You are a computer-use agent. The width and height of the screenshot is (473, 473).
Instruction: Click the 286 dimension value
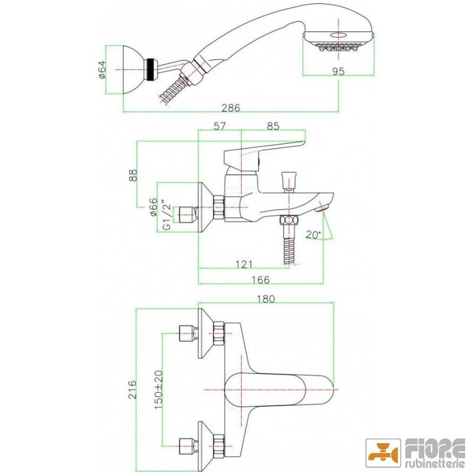tap(231, 107)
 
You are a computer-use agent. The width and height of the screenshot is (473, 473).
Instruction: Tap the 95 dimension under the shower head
tap(338, 71)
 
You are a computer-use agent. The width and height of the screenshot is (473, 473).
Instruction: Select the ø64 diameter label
tap(102, 70)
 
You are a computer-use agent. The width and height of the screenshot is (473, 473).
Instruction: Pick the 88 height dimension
tap(133, 175)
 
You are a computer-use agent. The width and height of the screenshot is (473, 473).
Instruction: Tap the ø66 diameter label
tap(154, 207)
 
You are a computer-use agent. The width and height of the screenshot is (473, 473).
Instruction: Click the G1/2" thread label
tap(166, 214)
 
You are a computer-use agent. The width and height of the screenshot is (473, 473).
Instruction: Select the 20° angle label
tap(314, 234)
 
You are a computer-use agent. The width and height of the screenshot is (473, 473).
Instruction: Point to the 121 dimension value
tap(244, 264)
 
